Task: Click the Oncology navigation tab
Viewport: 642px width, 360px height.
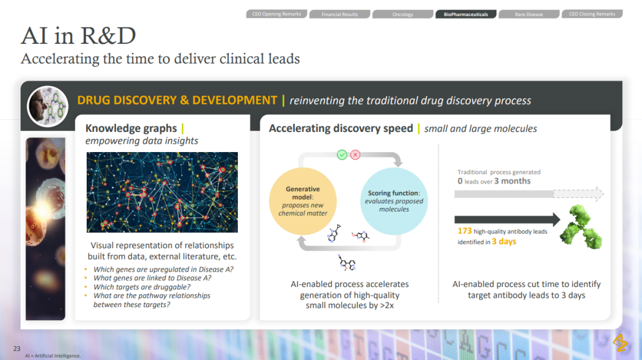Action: click(403, 14)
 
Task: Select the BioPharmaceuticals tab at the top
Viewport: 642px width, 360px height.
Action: click(466, 14)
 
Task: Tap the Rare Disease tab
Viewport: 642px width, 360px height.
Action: click(529, 14)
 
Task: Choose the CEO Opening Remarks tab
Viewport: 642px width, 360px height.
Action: click(276, 14)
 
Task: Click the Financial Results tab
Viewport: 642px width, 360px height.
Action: click(340, 14)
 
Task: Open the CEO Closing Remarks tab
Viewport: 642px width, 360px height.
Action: click(592, 14)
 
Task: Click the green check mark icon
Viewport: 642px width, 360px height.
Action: click(342, 154)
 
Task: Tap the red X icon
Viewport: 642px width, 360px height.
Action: click(355, 154)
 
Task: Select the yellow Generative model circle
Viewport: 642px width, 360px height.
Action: click(303, 201)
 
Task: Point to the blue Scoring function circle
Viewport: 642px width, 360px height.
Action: click(394, 201)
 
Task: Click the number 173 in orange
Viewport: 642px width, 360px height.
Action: click(465, 230)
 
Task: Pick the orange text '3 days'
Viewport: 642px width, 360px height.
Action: click(504, 241)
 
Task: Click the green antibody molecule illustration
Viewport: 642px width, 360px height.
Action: click(581, 227)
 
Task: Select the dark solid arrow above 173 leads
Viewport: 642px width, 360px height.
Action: click(507, 220)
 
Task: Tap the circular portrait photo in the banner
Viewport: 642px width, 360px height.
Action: click(48, 106)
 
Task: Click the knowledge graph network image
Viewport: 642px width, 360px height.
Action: click(162, 192)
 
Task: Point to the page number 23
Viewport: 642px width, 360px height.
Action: click(17, 349)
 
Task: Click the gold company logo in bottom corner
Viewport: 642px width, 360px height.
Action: click(620, 343)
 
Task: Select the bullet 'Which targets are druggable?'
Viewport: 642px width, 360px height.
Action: click(142, 287)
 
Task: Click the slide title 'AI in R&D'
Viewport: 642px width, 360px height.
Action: click(78, 36)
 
